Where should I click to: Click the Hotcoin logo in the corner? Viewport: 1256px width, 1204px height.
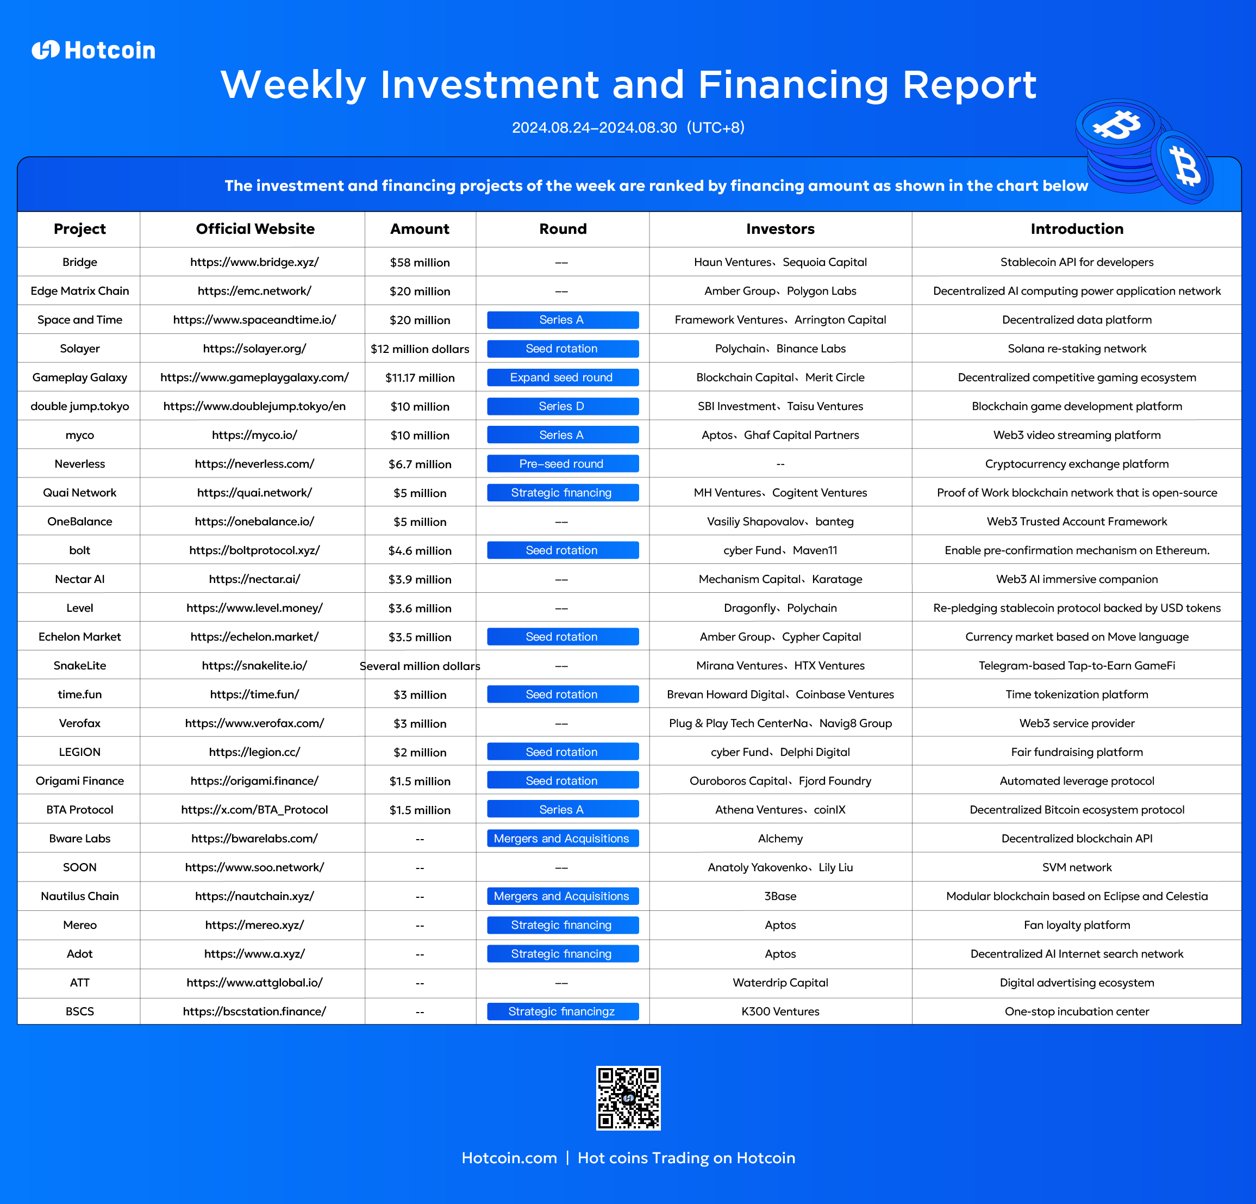[x=93, y=50]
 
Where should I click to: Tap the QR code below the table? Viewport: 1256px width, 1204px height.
[x=628, y=1097]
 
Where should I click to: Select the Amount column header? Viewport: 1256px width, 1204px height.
[x=420, y=229]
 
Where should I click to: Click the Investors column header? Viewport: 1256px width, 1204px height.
[x=780, y=229]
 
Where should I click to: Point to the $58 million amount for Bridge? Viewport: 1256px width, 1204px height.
[x=420, y=262]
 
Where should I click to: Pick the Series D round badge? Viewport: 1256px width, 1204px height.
[x=563, y=406]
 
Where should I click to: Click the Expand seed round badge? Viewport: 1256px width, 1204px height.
[x=563, y=377]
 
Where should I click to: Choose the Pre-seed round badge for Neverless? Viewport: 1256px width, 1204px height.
[x=563, y=463]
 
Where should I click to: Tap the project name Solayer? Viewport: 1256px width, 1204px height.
[x=79, y=349]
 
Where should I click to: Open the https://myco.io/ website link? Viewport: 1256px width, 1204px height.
[x=254, y=435]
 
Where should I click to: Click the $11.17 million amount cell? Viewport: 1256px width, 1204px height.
[x=420, y=377]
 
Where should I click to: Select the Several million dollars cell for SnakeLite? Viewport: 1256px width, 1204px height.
[x=420, y=666]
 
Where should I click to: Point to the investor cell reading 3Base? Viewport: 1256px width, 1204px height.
[x=780, y=896]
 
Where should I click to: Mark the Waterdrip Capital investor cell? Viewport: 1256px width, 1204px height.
[x=780, y=982]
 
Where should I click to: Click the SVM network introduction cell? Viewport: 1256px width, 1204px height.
[x=1077, y=867]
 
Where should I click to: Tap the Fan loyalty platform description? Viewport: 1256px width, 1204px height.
[x=1077, y=924]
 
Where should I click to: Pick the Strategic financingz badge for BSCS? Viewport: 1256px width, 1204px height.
[x=563, y=1011]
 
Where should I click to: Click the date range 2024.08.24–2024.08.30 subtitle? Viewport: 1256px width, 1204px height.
[x=594, y=128]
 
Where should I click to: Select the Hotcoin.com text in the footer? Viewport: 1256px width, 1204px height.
[x=509, y=1157]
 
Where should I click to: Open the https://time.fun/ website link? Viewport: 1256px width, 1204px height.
[x=254, y=694]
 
